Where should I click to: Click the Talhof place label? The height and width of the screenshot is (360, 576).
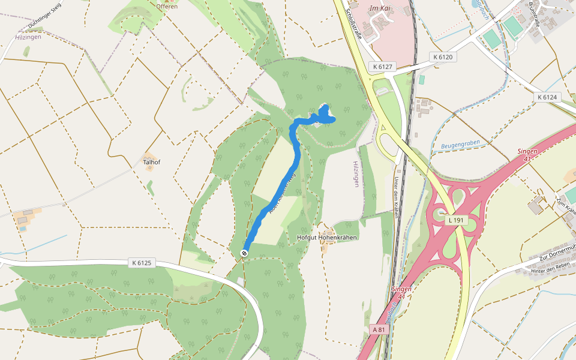151,162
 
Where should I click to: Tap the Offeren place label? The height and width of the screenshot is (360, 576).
167,7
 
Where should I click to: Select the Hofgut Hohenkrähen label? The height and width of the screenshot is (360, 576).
327,238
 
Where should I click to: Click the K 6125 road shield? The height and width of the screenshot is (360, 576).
142,263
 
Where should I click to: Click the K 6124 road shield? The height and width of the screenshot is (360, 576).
547,97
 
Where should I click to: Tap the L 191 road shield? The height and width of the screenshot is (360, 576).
457,220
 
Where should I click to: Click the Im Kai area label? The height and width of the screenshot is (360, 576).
380,8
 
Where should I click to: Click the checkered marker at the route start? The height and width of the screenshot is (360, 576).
245,253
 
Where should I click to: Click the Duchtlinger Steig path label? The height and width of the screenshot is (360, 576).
45,17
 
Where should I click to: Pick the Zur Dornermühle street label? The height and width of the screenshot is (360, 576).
557,257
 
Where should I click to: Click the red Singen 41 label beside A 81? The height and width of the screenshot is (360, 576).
401,292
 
